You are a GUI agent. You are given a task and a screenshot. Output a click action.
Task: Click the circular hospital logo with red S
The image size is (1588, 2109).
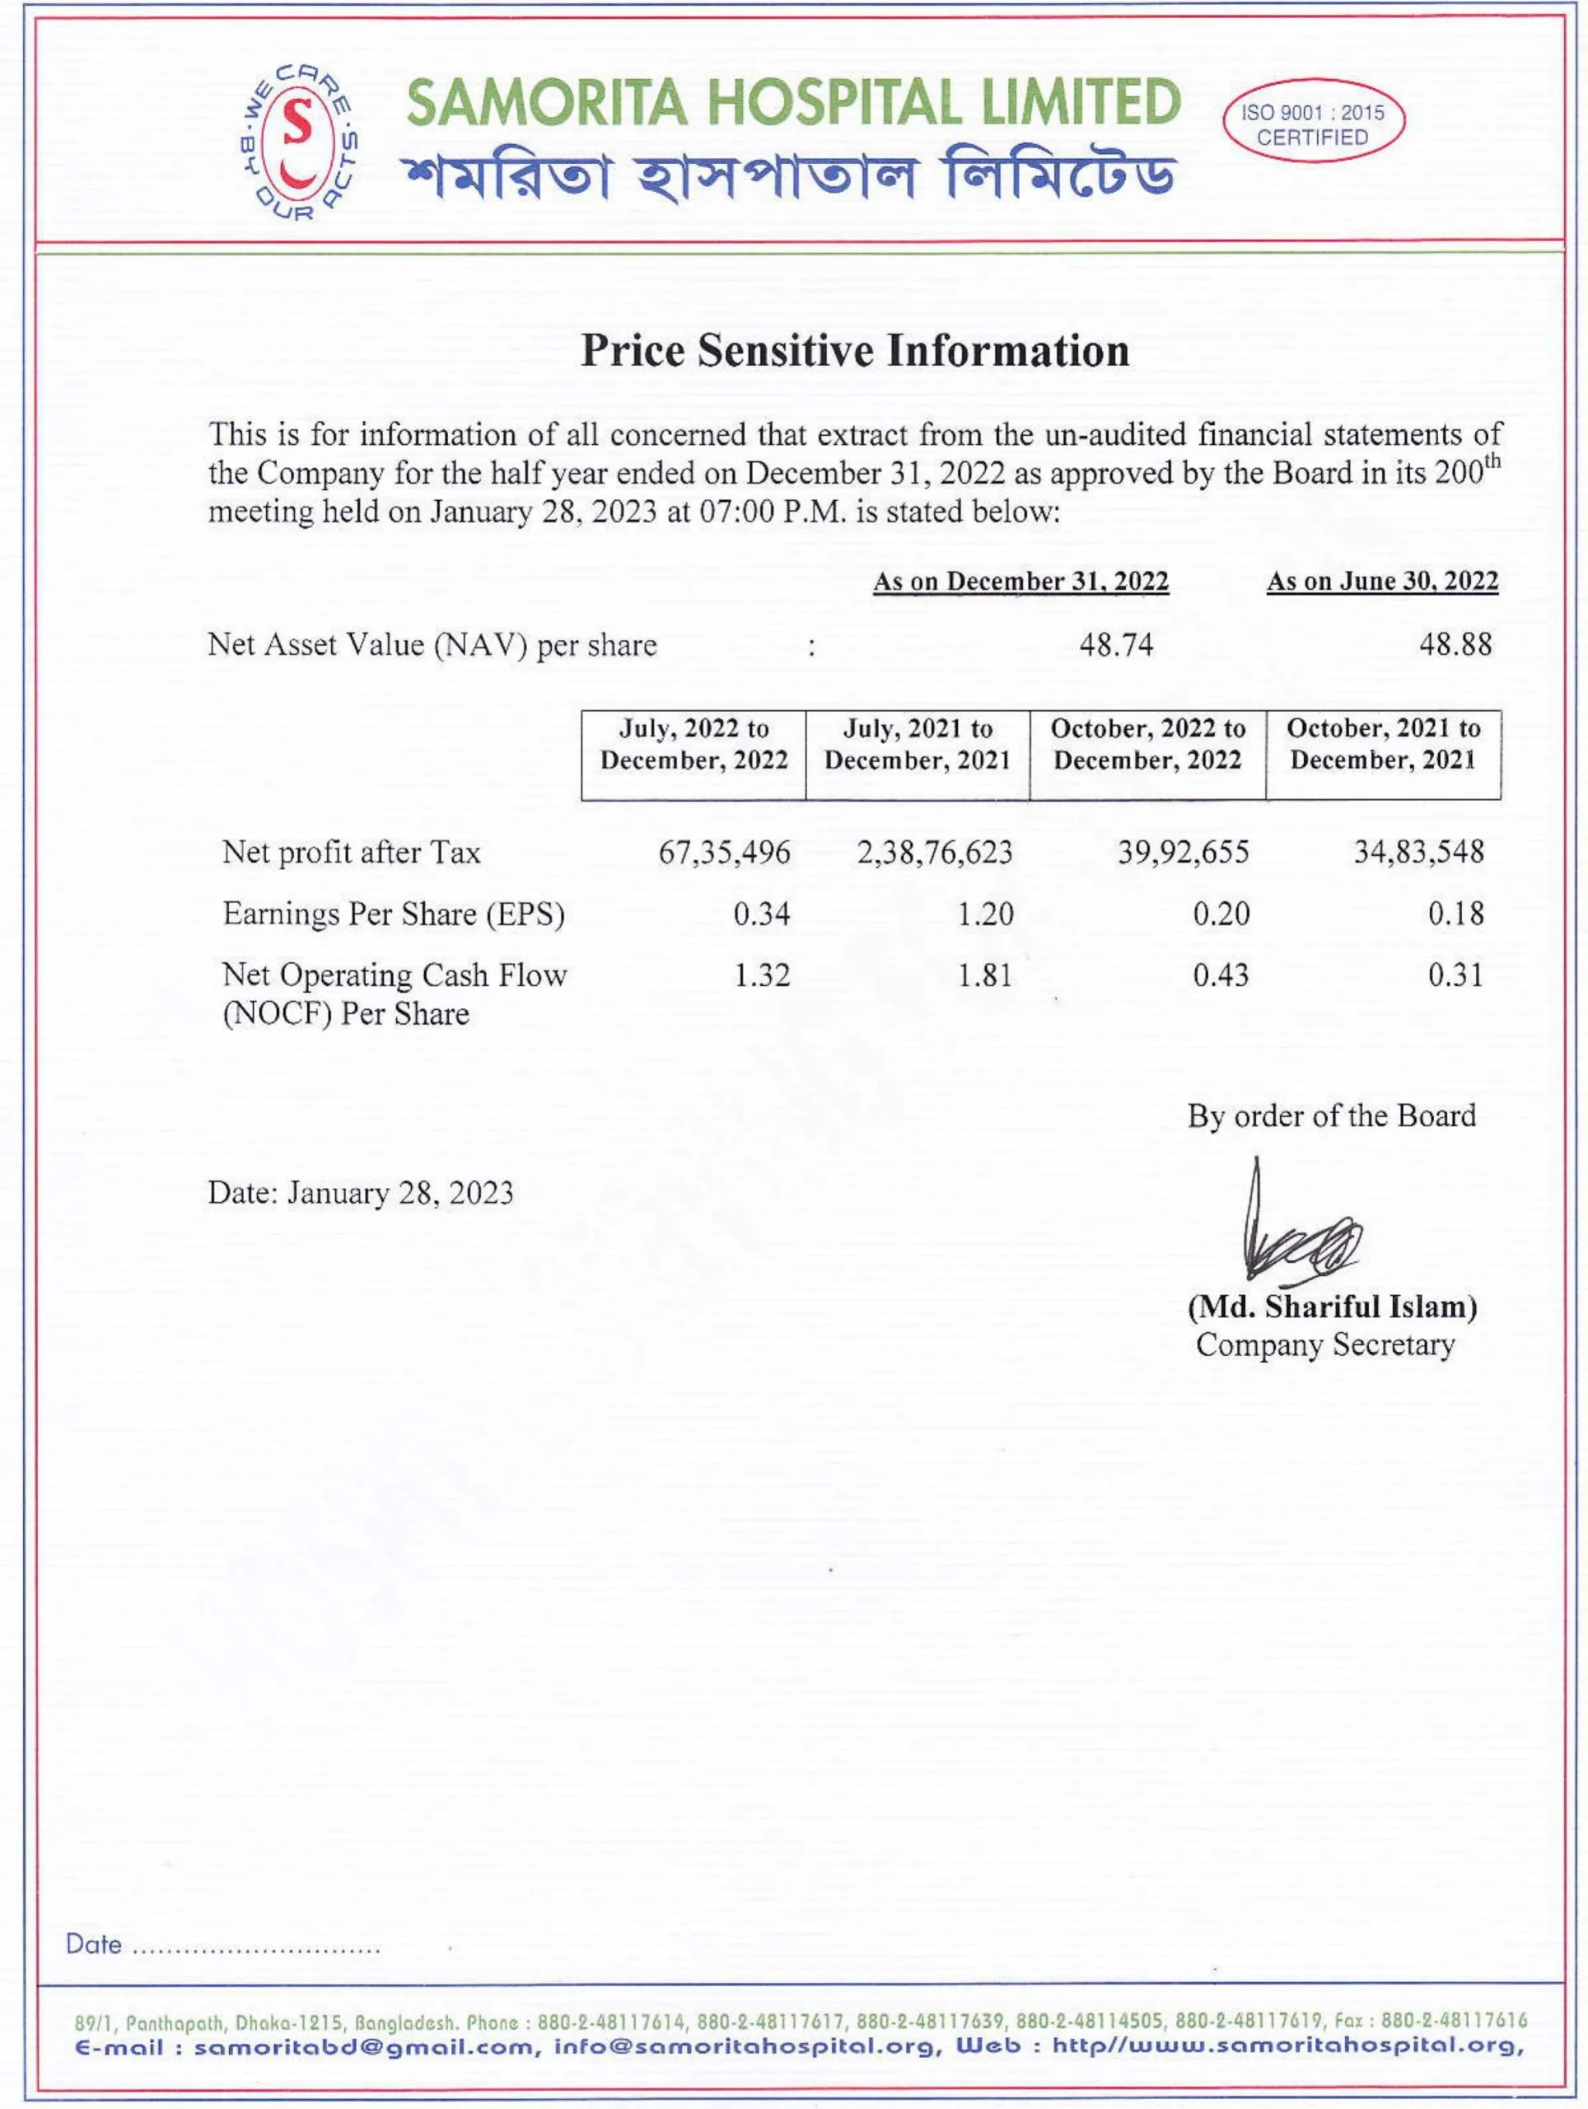(x=299, y=140)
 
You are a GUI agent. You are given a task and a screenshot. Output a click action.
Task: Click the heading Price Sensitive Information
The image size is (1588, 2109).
(x=855, y=351)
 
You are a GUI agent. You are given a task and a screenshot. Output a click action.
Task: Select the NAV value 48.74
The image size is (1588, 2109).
(x=1115, y=646)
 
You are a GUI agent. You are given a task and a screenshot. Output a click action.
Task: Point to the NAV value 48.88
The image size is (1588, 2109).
(x=1455, y=646)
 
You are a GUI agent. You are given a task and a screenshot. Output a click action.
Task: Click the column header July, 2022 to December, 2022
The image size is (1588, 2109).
(x=693, y=745)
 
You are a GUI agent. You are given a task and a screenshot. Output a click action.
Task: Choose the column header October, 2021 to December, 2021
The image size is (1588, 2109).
(x=1383, y=745)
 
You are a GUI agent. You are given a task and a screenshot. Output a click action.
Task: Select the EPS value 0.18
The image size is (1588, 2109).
(x=1455, y=914)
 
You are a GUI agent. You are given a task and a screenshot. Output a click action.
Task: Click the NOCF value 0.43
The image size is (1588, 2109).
(x=1220, y=975)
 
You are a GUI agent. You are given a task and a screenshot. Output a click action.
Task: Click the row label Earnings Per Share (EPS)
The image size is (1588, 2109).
(x=394, y=914)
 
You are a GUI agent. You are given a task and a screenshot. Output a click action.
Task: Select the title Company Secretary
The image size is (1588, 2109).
(x=1325, y=1345)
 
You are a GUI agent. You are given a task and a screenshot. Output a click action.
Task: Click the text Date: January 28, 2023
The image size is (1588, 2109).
(x=360, y=1194)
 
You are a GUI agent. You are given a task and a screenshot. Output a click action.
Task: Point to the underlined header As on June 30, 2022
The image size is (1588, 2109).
(x=1381, y=582)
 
